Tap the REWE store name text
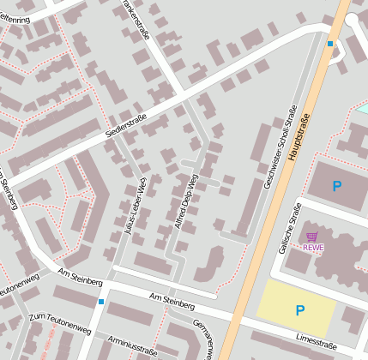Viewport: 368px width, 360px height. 313,248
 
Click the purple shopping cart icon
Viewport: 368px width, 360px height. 312,237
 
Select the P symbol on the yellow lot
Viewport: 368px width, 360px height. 300,309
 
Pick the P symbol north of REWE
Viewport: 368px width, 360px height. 337,185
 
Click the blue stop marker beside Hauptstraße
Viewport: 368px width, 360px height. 330,43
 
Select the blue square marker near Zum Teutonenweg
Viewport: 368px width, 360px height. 101,302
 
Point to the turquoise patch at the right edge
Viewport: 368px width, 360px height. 362,109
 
